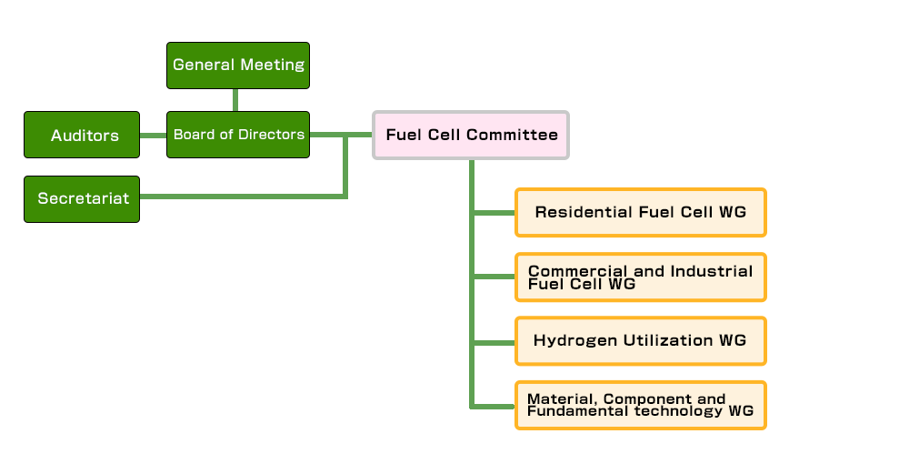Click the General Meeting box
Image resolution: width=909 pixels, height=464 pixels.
[x=238, y=66]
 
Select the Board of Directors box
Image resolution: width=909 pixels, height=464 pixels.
[x=238, y=135]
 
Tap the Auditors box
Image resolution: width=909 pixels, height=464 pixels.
[x=82, y=135]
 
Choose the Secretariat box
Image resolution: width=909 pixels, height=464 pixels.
[x=82, y=198]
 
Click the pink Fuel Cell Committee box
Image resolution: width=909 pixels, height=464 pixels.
[x=471, y=135]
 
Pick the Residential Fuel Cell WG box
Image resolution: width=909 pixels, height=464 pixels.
[x=640, y=212]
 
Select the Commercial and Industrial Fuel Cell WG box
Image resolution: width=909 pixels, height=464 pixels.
[x=640, y=277]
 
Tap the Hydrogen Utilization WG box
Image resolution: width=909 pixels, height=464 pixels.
[x=640, y=340]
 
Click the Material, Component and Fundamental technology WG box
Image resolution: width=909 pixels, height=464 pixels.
[x=640, y=405]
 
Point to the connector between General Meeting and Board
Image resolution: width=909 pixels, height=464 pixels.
[x=235, y=99]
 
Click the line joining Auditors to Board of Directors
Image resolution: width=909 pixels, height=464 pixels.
[x=153, y=135]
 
